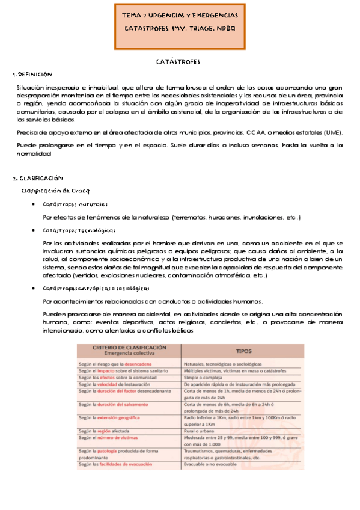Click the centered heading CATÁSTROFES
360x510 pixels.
(x=178, y=62)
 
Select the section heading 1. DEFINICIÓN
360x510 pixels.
(x=33, y=75)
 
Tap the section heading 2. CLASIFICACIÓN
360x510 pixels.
(x=38, y=179)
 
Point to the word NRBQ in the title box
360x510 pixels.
(x=223, y=28)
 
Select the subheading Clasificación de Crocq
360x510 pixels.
(x=55, y=191)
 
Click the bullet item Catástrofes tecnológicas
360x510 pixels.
(x=79, y=230)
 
